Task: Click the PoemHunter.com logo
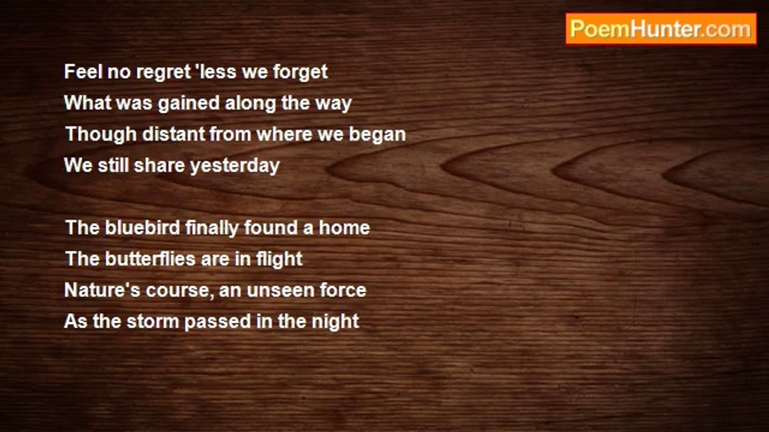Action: (661, 29)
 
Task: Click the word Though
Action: (101, 134)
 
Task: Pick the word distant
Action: (174, 134)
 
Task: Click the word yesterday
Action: (235, 166)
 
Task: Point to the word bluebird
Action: (142, 227)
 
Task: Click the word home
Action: (344, 227)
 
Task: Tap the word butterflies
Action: (150, 259)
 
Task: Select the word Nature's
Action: (102, 290)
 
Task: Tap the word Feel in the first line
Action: (84, 72)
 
